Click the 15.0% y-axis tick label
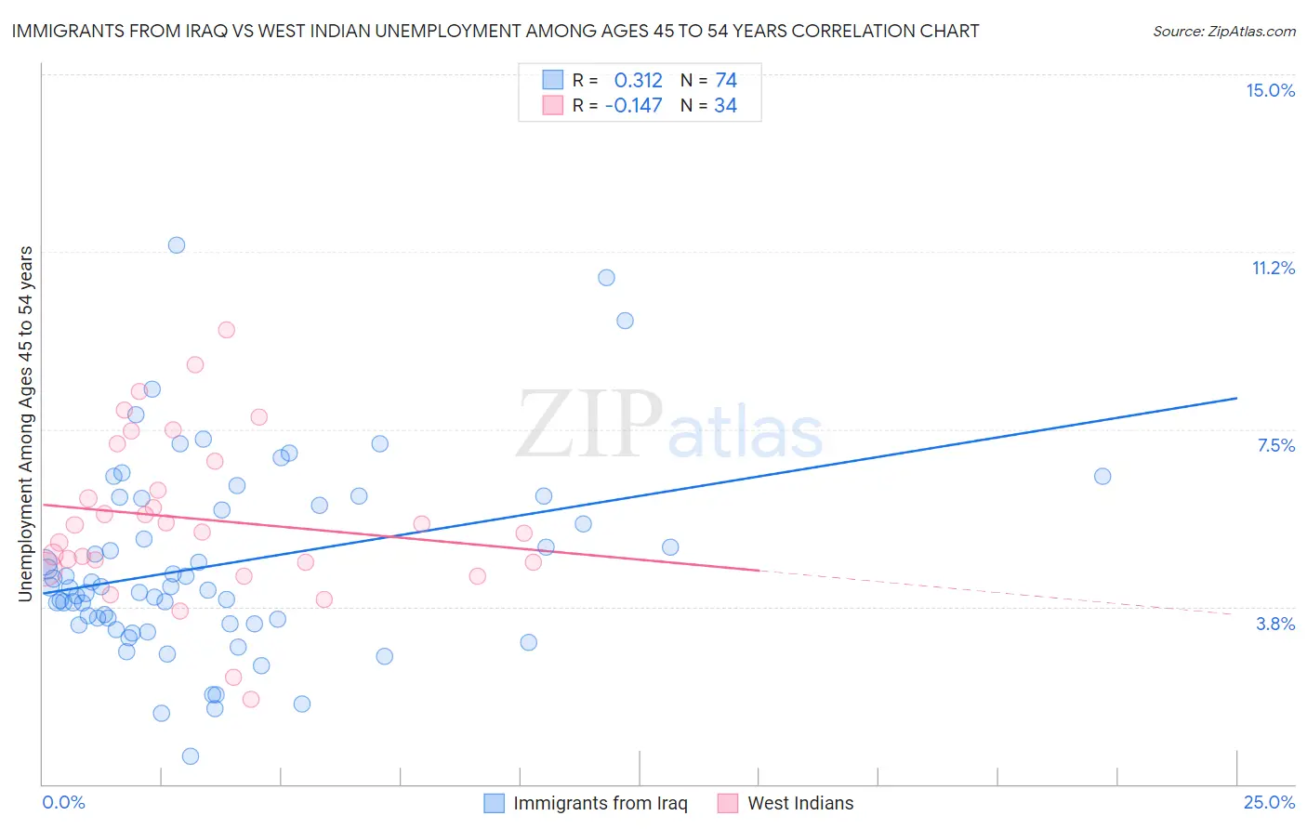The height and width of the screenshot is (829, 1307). click(x=1270, y=90)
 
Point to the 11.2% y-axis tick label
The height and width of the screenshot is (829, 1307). click(x=1273, y=268)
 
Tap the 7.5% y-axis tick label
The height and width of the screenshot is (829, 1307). click(x=1275, y=445)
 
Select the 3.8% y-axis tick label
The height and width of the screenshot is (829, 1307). click(x=1275, y=624)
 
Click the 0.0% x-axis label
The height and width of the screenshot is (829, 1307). click(x=63, y=802)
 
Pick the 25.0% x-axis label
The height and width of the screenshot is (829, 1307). click(x=1269, y=802)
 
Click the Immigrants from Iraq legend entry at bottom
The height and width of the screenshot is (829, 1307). click(x=600, y=803)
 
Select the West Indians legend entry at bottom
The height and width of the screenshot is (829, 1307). click(x=799, y=803)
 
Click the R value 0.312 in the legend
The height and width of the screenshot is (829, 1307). click(x=638, y=80)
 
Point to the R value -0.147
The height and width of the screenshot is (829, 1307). click(x=633, y=105)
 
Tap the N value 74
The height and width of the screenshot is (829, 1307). click(x=726, y=80)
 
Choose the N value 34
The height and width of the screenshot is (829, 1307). click(x=725, y=105)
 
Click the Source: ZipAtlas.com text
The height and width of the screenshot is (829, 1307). click(x=1223, y=31)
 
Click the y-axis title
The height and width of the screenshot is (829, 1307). click(x=25, y=424)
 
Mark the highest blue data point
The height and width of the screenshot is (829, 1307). click(x=177, y=245)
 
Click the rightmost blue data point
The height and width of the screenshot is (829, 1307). click(x=1102, y=476)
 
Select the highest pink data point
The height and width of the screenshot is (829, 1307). click(x=226, y=330)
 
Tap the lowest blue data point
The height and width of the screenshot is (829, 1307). click(x=191, y=756)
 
